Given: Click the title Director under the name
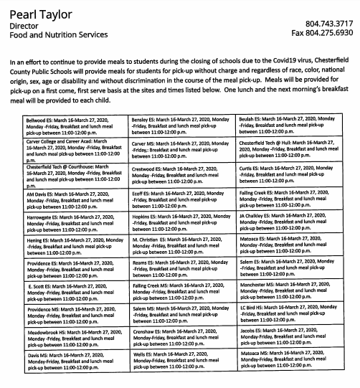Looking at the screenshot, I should pyautogui.click(x=25, y=23).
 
